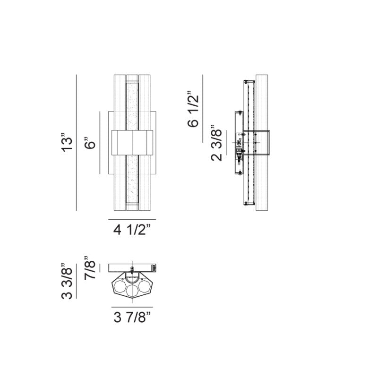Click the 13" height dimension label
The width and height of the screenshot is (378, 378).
(67, 142)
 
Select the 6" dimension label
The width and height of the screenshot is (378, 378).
(90, 143)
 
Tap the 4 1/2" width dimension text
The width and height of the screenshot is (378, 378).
(132, 230)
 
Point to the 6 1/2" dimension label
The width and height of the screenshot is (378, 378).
(193, 109)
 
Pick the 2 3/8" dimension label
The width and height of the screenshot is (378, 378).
(216, 143)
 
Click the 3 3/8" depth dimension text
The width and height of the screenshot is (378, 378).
(67, 280)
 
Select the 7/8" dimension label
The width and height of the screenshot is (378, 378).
(90, 268)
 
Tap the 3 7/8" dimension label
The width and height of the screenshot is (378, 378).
(132, 317)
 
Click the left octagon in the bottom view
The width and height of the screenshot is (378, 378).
(120, 287)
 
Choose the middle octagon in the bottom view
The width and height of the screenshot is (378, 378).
(132, 291)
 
